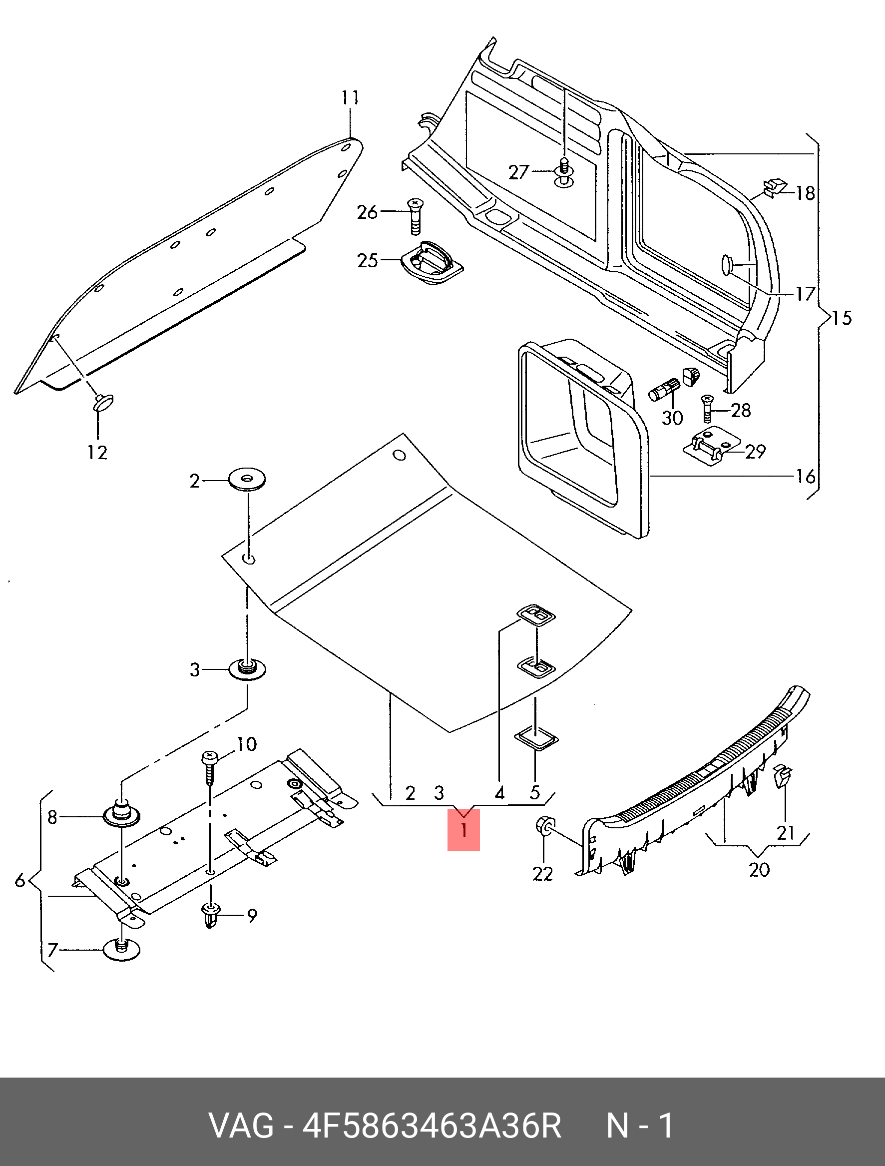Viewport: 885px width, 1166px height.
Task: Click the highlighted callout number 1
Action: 463,830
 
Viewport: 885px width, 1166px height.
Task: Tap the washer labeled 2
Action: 247,480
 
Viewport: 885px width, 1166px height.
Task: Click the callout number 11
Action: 351,97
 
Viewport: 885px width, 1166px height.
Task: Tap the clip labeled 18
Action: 774,187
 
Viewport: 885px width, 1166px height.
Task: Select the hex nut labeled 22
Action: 543,826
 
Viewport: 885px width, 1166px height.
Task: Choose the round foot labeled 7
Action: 122,949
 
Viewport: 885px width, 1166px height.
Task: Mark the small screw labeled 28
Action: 707,410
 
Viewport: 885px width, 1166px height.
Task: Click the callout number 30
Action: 672,418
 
